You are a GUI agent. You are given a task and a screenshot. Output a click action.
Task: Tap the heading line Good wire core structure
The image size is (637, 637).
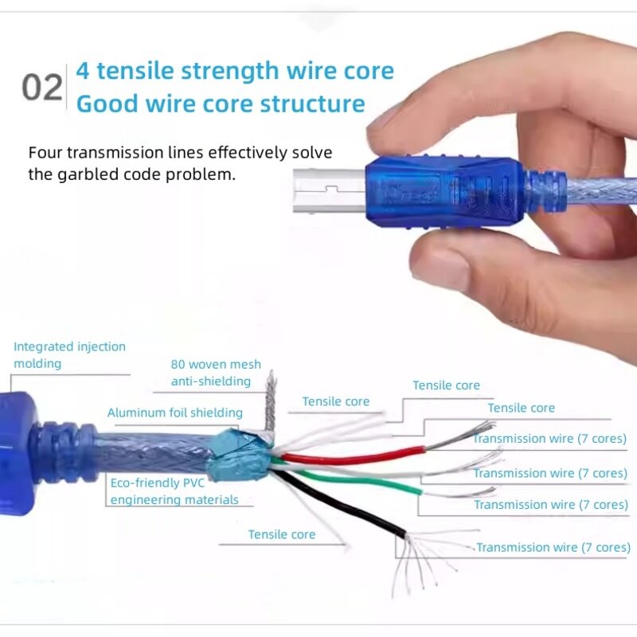221,104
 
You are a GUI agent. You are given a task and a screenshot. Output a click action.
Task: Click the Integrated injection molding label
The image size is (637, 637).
69,355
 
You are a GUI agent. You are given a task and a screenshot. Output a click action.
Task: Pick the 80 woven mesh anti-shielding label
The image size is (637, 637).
215,373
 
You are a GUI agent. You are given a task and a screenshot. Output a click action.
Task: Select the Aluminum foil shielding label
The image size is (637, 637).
175,412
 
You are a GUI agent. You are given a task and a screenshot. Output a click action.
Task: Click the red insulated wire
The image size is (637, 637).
350,458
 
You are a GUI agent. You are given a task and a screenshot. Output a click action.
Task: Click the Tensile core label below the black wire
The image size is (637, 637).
281,534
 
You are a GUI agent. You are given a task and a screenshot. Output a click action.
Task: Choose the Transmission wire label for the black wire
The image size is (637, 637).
553,547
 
